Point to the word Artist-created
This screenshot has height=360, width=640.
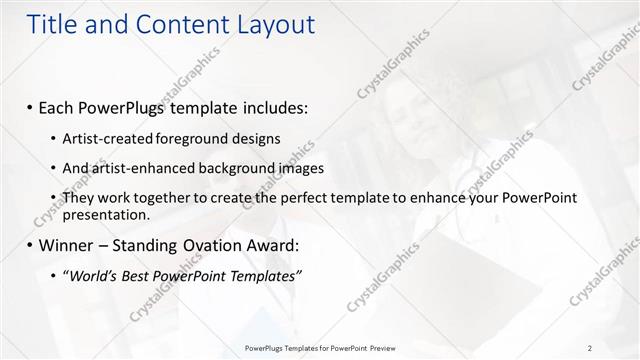coord(103,138)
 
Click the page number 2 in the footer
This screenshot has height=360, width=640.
coord(590,348)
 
